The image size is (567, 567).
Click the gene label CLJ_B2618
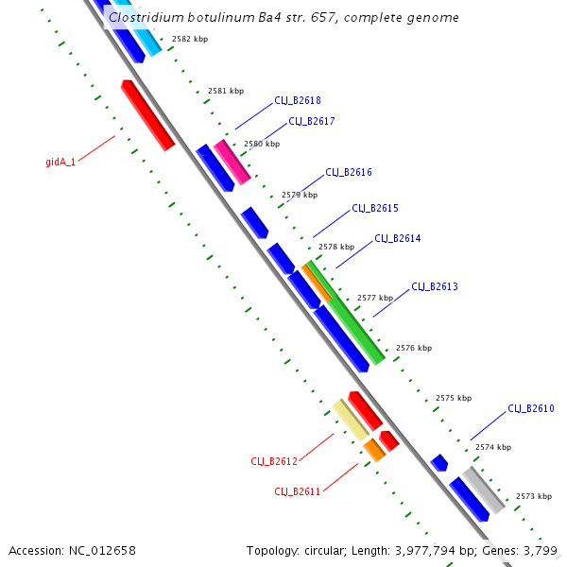pos(298,100)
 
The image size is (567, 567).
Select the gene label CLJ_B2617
pos(312,121)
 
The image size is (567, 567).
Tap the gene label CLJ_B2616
pos(349,172)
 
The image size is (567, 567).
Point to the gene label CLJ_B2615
pos(375,208)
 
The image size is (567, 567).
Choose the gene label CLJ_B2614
pos(398,238)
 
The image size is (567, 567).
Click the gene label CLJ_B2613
pos(435,286)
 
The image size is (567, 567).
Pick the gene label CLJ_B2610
pos(531,408)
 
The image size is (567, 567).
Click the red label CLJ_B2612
pos(274,461)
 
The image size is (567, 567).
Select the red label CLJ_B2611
pos(298,491)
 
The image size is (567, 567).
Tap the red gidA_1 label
pos(60,162)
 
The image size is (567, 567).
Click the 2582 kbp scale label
pos(190,39)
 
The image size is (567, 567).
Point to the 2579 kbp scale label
pos(300,194)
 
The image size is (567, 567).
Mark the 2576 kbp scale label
pos(414,348)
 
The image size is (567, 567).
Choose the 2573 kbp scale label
pos(534,495)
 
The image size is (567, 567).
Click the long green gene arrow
pos(345,312)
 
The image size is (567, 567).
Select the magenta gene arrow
pos(232,161)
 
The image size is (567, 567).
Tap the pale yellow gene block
pos(350,418)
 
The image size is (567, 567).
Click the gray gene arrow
pos(484,489)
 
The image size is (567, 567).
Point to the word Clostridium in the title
pos(143,17)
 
